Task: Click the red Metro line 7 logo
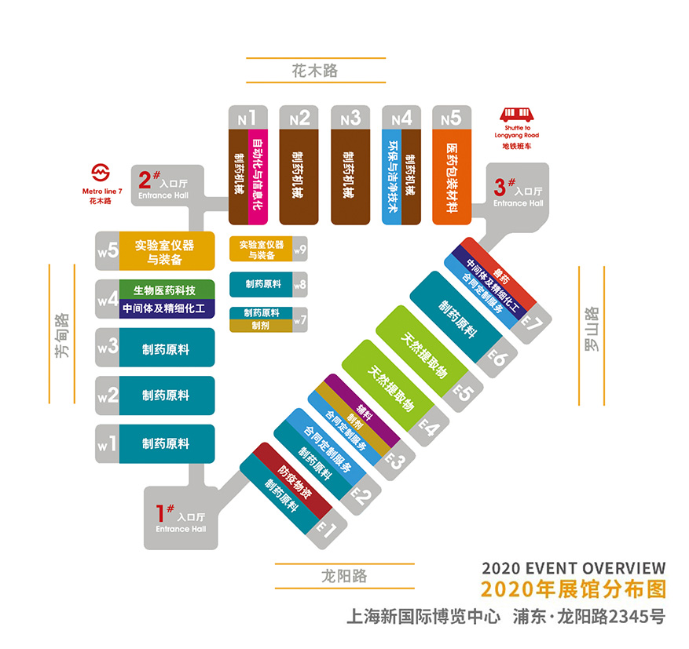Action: (x=101, y=173)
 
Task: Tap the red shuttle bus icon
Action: (x=517, y=115)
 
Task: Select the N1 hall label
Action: (x=247, y=118)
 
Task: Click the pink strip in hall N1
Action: (x=258, y=177)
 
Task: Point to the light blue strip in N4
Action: (x=391, y=177)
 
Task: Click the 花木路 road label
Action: (x=315, y=70)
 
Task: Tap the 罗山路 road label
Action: (x=592, y=329)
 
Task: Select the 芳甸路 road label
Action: (x=62, y=335)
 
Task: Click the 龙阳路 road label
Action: (x=344, y=576)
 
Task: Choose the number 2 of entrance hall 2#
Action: (x=145, y=180)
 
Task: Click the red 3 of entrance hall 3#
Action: (x=500, y=188)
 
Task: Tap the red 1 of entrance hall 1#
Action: (x=160, y=513)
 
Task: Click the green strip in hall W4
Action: (x=167, y=290)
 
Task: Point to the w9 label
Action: (x=300, y=250)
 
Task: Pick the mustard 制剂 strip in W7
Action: (x=261, y=326)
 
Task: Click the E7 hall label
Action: (x=532, y=324)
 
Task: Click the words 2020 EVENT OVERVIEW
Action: (x=574, y=568)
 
